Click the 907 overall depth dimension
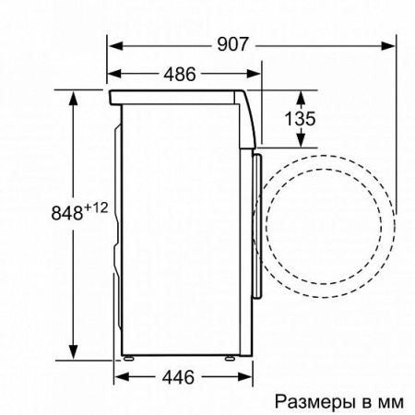232,42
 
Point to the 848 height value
65,211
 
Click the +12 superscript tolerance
98,206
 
